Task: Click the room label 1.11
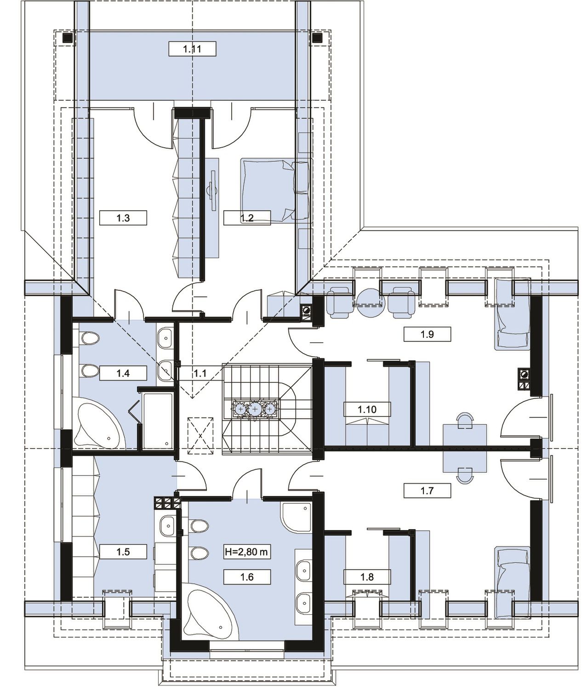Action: coord(192,49)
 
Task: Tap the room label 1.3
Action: coord(123,218)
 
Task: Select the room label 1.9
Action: coord(427,334)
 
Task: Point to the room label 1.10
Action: coord(367,409)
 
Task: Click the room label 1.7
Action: coord(427,491)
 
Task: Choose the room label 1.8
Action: coord(367,577)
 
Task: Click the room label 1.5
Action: coord(123,552)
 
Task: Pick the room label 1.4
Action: coord(123,373)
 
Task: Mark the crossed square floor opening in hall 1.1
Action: coord(200,435)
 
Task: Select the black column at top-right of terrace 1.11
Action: coord(317,38)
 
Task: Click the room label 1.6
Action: coord(247,577)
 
